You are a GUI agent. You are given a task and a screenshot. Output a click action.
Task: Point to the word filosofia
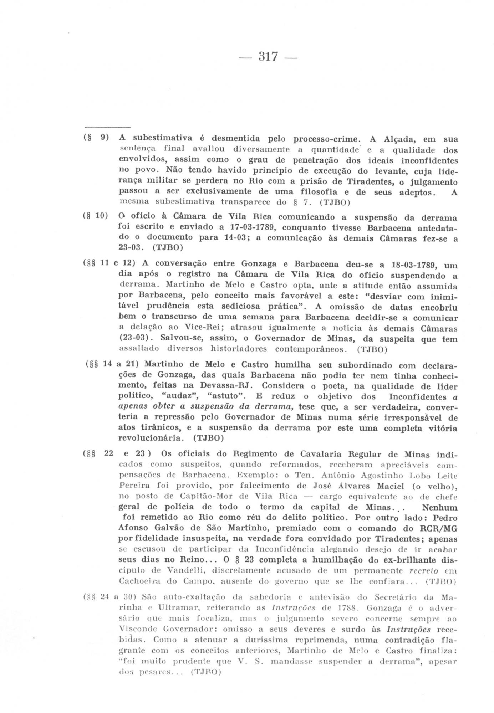coord(315,192)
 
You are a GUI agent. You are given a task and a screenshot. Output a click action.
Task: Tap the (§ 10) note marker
coord(95,216)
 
